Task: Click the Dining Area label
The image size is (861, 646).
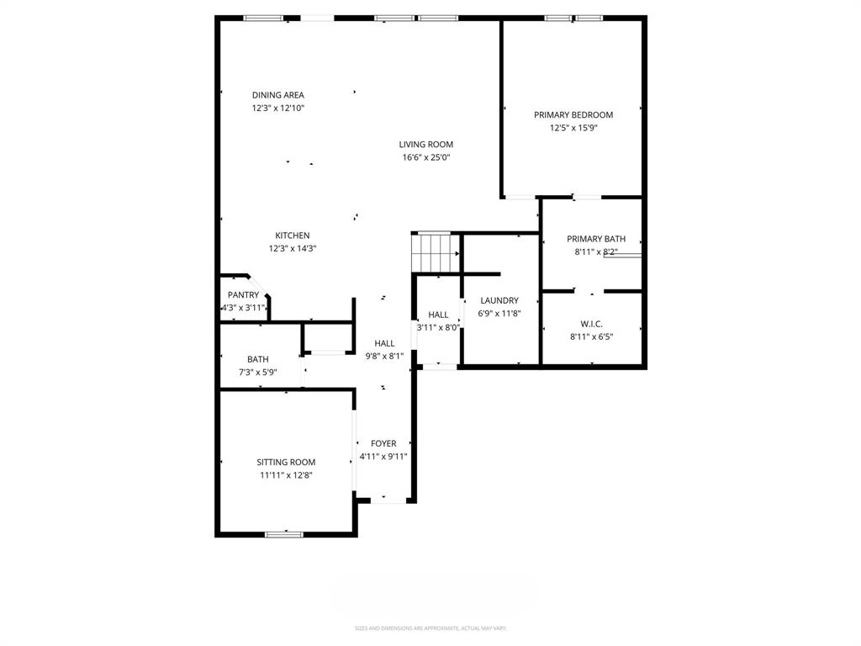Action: point(277,95)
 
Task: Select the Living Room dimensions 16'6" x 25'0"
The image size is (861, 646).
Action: point(425,157)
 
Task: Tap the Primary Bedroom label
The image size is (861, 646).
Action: point(573,114)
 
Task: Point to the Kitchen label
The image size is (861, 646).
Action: point(293,236)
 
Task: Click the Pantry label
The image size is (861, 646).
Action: point(243,295)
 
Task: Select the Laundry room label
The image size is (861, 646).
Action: point(499,300)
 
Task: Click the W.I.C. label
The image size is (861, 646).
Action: point(591,324)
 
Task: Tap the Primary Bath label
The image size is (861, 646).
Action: point(595,239)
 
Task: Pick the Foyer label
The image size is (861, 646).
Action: point(383,443)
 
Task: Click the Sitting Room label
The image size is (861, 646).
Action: point(286,462)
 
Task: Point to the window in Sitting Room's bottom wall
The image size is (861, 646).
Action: point(284,533)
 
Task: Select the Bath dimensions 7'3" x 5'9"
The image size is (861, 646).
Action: point(257,372)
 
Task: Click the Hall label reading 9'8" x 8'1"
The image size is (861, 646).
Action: point(384,343)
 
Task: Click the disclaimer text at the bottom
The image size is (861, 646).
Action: point(430,628)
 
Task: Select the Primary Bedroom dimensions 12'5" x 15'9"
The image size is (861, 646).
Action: point(573,128)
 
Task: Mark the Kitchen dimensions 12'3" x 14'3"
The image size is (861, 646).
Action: point(293,248)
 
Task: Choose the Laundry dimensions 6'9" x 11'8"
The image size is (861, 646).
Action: point(499,313)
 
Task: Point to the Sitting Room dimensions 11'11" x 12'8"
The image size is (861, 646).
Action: point(286,475)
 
